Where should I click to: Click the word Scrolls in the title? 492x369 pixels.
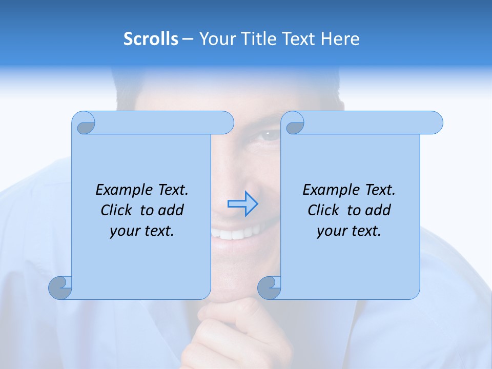[151, 39]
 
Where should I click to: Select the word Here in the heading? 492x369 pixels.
[340, 39]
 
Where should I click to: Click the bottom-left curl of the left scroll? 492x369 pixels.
[60, 288]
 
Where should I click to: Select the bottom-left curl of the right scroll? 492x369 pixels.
[270, 288]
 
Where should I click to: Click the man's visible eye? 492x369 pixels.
[269, 136]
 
